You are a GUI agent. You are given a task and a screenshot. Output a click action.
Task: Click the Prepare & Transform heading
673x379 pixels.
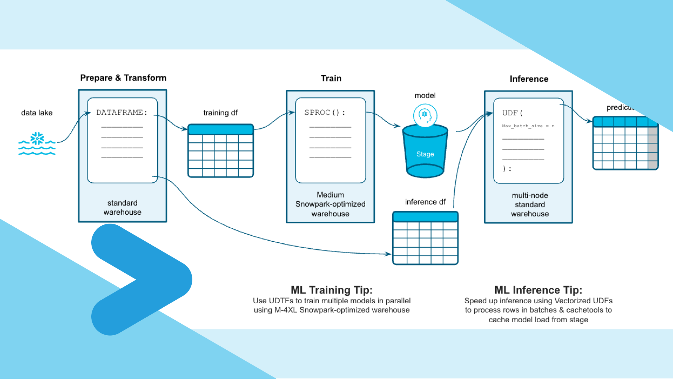123,78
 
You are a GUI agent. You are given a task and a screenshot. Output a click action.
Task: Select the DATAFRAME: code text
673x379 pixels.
122,113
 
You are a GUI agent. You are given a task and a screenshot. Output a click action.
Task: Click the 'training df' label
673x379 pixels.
220,113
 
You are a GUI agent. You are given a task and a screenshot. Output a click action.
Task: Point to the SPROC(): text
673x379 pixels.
324,113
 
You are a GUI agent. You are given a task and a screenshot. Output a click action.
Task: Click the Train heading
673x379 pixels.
331,78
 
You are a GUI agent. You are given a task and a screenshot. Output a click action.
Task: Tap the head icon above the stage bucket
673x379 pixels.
425,115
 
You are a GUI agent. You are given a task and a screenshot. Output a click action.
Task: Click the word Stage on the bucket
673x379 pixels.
425,154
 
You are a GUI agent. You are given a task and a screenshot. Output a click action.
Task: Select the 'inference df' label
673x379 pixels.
425,202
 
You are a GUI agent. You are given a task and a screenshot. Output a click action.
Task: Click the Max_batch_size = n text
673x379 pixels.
528,126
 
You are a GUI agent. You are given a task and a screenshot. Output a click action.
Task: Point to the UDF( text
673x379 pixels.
512,113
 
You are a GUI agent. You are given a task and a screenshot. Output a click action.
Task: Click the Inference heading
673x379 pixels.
529,79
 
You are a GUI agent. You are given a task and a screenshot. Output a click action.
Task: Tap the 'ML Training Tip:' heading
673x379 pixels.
331,290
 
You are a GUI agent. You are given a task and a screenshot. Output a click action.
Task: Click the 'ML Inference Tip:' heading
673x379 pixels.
538,290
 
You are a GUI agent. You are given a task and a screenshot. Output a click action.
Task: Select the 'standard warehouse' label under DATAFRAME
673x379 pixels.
122,207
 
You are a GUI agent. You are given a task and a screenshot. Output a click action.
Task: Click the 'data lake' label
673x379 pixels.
37,113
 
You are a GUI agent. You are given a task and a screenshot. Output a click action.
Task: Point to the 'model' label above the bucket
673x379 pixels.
425,96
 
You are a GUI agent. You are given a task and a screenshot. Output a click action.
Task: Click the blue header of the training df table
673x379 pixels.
221,129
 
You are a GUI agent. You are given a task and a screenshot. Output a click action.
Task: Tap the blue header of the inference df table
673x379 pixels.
425,217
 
